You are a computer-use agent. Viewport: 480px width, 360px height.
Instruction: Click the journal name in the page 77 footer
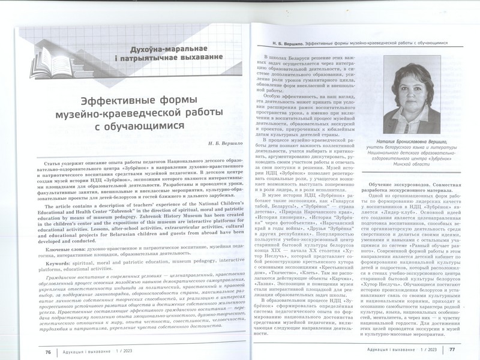(x=401, y=349)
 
